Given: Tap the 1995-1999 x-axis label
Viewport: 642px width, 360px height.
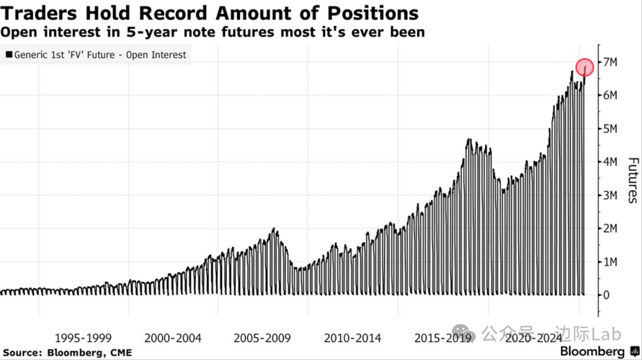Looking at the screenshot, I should coord(83,338).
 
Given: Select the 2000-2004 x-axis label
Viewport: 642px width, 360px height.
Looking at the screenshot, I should coord(173,338).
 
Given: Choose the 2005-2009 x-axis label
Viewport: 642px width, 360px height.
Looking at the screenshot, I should coord(263,338).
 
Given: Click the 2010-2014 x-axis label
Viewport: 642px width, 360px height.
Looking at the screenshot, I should coord(353,338).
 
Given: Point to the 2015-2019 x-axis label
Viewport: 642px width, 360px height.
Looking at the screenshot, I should coord(443,338).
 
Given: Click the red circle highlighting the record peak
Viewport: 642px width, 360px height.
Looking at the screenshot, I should coord(584,68).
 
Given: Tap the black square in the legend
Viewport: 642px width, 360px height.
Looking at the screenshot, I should coord(9,55).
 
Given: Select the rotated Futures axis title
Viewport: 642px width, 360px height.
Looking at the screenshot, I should coord(633,179).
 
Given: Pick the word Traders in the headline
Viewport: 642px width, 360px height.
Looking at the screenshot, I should coord(34,13).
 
